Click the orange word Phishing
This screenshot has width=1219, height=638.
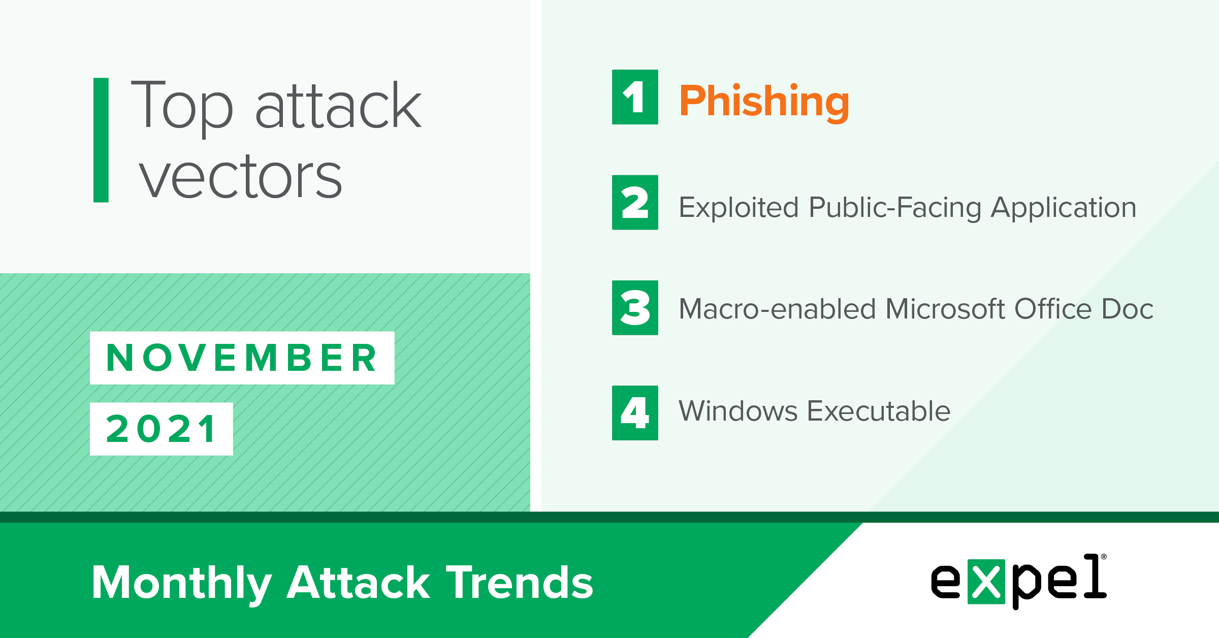(764, 103)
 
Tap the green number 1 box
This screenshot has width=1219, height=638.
(635, 97)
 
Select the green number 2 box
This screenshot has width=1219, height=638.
(635, 202)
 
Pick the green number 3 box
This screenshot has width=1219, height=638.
(635, 308)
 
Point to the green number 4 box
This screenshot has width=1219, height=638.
(635, 413)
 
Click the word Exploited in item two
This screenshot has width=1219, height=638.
(739, 208)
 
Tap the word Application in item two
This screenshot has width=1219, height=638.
(1064, 208)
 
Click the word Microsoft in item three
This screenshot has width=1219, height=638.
(945, 309)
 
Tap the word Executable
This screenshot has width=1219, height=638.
(879, 411)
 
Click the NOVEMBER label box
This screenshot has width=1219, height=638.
(242, 358)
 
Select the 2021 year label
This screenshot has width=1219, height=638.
(162, 429)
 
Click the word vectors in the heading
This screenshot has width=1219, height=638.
(241, 177)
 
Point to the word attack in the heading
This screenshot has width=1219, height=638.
(338, 105)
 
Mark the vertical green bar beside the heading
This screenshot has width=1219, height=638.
(101, 140)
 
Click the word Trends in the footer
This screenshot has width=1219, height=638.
(520, 583)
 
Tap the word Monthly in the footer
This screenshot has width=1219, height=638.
(182, 584)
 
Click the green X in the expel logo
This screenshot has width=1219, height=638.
(986, 582)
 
